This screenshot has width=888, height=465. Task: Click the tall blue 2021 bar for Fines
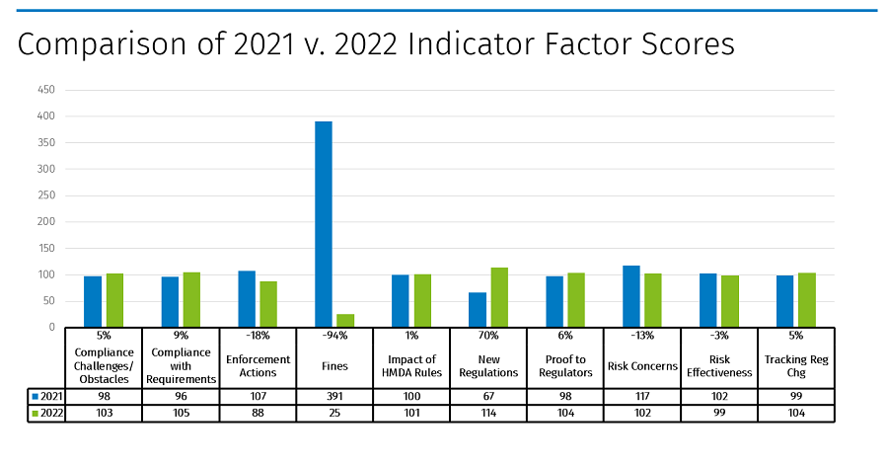(x=323, y=224)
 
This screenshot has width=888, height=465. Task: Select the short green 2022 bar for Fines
(x=345, y=320)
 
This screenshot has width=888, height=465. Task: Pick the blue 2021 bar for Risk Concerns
(x=630, y=296)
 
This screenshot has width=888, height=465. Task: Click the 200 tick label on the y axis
(x=45, y=222)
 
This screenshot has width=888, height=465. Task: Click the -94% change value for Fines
(x=334, y=336)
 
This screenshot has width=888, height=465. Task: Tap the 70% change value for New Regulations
(x=488, y=336)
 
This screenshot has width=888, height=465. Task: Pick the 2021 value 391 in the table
(x=334, y=395)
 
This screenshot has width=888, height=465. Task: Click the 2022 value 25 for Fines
(x=334, y=413)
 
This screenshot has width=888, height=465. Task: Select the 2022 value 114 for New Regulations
(x=488, y=413)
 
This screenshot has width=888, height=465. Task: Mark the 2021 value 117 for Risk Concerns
(x=642, y=395)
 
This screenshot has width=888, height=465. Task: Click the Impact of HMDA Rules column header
(x=411, y=365)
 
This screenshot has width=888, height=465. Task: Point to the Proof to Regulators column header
(x=565, y=365)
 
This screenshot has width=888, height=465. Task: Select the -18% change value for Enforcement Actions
(x=258, y=336)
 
